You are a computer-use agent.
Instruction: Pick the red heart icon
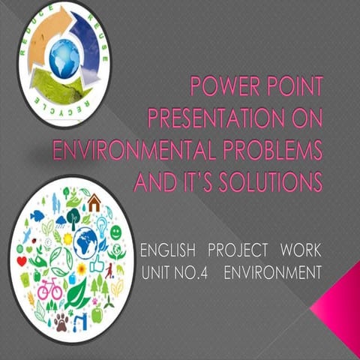[21, 260]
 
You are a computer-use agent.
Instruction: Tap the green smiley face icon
[115, 232]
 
